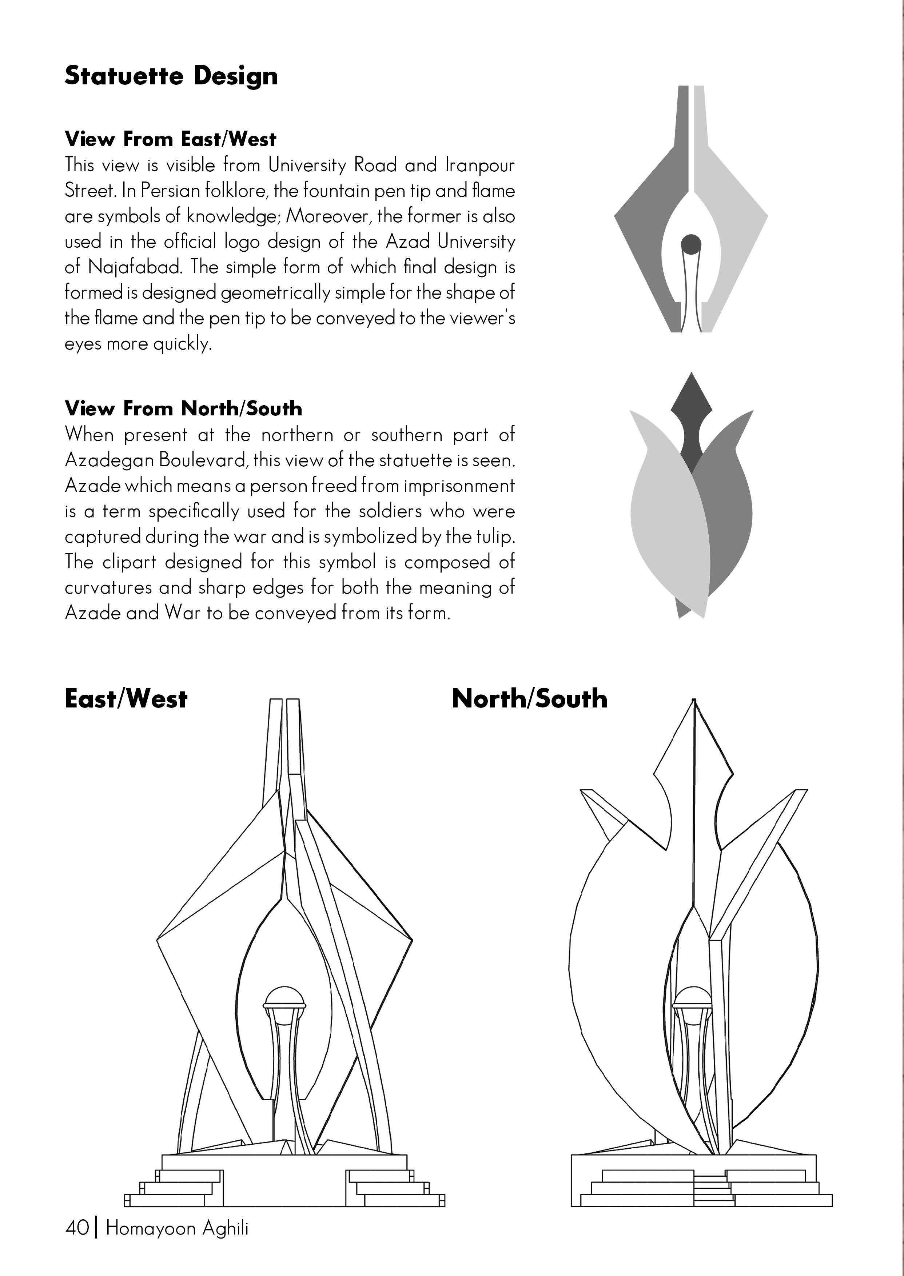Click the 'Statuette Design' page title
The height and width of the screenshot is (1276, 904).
point(171,76)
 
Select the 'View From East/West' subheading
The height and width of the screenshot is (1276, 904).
point(170,139)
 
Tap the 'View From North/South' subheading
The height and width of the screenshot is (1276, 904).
point(183,408)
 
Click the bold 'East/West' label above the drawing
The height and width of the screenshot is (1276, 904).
point(126,699)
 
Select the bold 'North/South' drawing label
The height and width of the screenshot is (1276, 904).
point(529,699)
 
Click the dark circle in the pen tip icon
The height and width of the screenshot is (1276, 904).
point(691,244)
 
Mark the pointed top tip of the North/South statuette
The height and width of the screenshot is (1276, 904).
point(694,701)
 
